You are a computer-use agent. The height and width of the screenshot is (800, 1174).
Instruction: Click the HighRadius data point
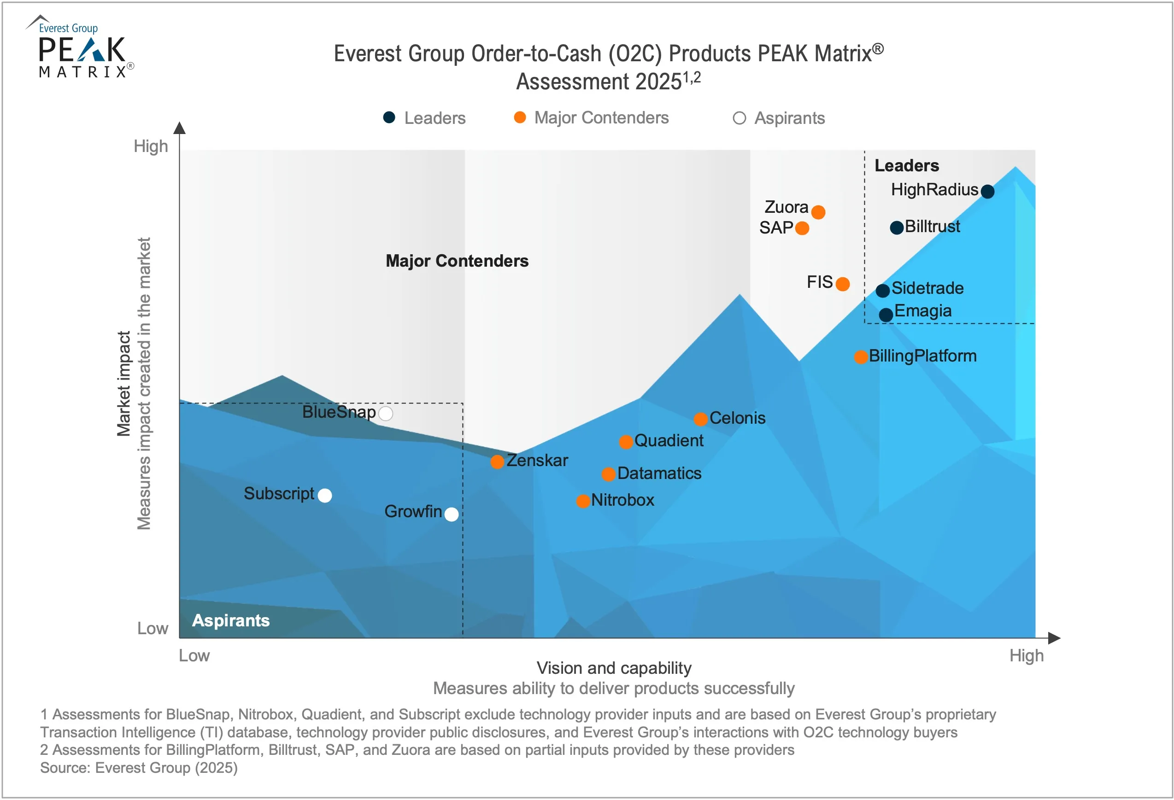(x=987, y=192)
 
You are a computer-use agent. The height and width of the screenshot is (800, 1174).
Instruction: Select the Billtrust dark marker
(x=897, y=228)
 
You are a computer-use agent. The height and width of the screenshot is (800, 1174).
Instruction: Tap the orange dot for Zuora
(x=818, y=212)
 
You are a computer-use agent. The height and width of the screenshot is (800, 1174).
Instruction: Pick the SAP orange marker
(x=802, y=228)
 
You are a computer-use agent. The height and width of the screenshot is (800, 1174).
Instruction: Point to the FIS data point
(x=843, y=284)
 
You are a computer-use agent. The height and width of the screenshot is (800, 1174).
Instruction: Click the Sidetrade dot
(x=882, y=291)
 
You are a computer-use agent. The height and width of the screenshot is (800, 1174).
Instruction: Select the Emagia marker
(x=886, y=315)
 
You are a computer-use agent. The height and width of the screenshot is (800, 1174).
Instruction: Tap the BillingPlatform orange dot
(x=861, y=357)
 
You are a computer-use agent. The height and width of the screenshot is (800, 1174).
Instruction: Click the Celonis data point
(x=700, y=419)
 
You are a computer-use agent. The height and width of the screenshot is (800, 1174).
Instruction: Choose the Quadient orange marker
(x=626, y=442)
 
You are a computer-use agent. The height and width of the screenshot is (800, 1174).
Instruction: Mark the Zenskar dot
(x=497, y=461)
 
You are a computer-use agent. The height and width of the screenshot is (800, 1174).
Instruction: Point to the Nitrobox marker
(x=583, y=501)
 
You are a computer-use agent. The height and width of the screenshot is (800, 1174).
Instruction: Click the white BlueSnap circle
(x=386, y=414)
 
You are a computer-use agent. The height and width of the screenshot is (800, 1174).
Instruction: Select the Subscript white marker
(x=325, y=496)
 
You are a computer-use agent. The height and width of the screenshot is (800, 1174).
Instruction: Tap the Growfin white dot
(x=451, y=514)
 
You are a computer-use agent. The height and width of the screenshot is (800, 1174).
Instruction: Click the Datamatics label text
(x=659, y=473)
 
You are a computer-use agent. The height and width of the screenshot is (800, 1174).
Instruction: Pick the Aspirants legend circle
(x=739, y=118)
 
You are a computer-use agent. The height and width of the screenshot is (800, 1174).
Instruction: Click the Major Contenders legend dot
(x=520, y=118)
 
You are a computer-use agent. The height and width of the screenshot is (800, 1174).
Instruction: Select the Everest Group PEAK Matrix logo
(x=81, y=48)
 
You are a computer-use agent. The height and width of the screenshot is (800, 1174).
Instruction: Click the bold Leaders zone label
(x=906, y=166)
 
